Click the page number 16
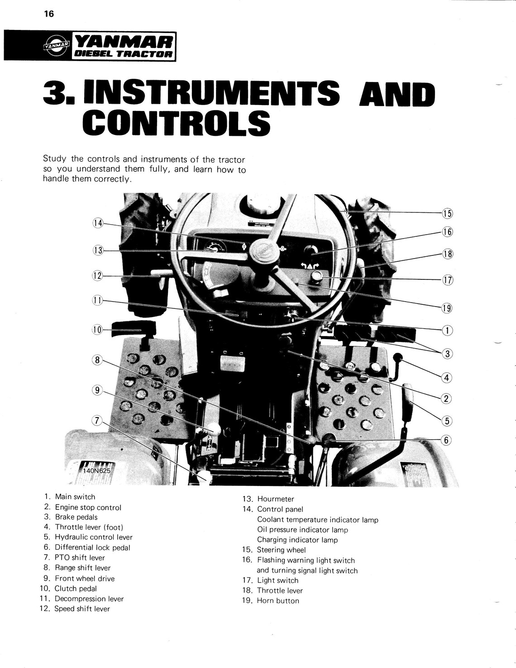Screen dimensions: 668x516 pyautogui.click(x=49, y=14)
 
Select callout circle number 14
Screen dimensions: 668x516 pyautogui.click(x=98, y=223)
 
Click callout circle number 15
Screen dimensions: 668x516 pyautogui.click(x=447, y=214)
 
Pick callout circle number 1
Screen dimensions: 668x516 pyautogui.click(x=447, y=330)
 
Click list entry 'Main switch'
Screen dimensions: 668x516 pyautogui.click(x=75, y=497)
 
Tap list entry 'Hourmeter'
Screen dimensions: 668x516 pyautogui.click(x=275, y=499)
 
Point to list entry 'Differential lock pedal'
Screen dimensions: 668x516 pyautogui.click(x=92, y=548)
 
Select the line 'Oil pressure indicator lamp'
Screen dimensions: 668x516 pyautogui.click(x=302, y=529)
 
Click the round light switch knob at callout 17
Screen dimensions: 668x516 pyautogui.click(x=316, y=277)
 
